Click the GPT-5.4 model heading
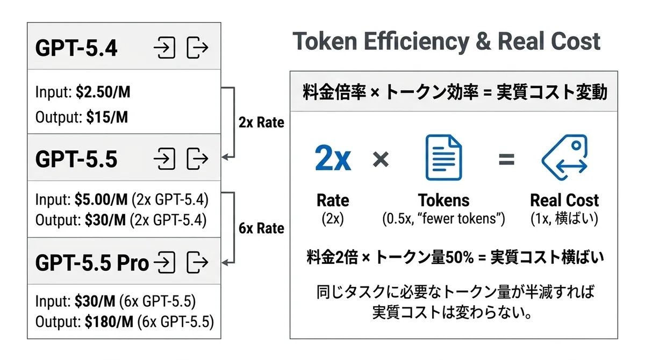(76, 48)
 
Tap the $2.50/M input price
(103, 92)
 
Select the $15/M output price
(107, 117)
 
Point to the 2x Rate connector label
(261, 123)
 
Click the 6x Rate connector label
(261, 228)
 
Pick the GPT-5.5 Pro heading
(92, 263)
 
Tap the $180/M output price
(109, 322)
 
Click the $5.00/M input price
(101, 200)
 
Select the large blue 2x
(333, 158)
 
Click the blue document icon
(444, 157)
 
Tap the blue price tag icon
(564, 157)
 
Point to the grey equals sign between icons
(506, 159)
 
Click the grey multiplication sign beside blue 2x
(381, 159)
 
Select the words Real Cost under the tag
(564, 200)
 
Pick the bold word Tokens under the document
(444, 200)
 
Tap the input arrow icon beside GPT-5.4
(164, 48)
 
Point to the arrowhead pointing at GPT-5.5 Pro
(225, 262)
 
